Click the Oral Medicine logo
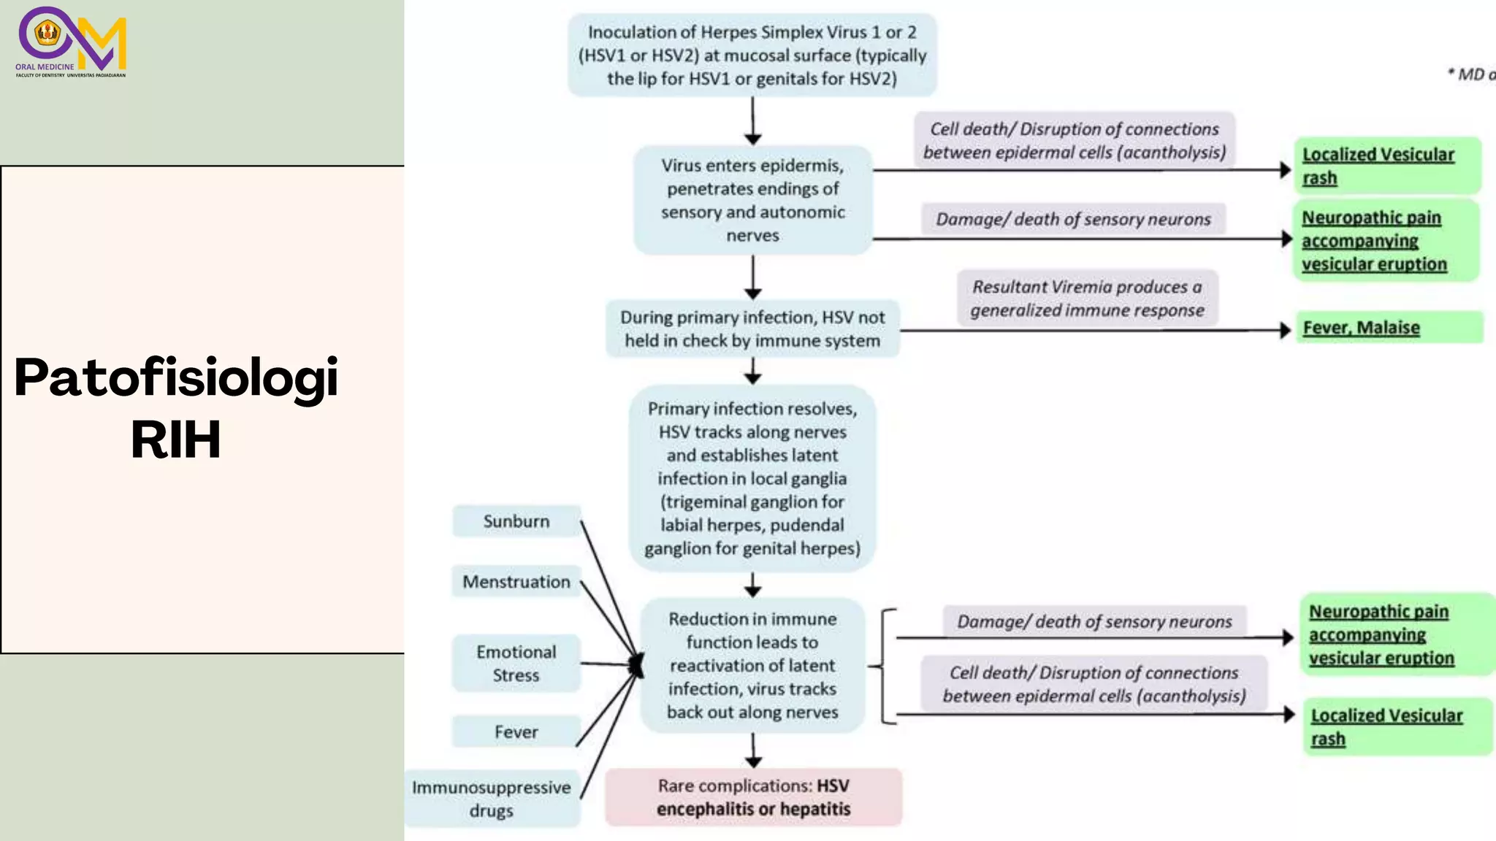click(72, 42)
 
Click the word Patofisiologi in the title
click(176, 377)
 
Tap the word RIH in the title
click(175, 439)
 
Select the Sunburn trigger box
click(516, 521)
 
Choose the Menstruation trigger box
click(516, 582)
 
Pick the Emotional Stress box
click(516, 664)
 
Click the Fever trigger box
click(516, 731)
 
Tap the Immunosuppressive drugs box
click(492, 799)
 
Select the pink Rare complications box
click(753, 797)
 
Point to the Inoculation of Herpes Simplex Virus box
click(752, 55)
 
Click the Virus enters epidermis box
click(752, 200)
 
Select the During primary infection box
click(752, 329)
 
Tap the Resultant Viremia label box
click(1087, 299)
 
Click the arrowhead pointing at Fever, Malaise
click(1286, 330)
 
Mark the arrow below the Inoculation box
click(753, 121)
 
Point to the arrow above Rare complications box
click(753, 750)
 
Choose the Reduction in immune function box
click(752, 665)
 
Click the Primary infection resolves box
click(752, 478)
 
